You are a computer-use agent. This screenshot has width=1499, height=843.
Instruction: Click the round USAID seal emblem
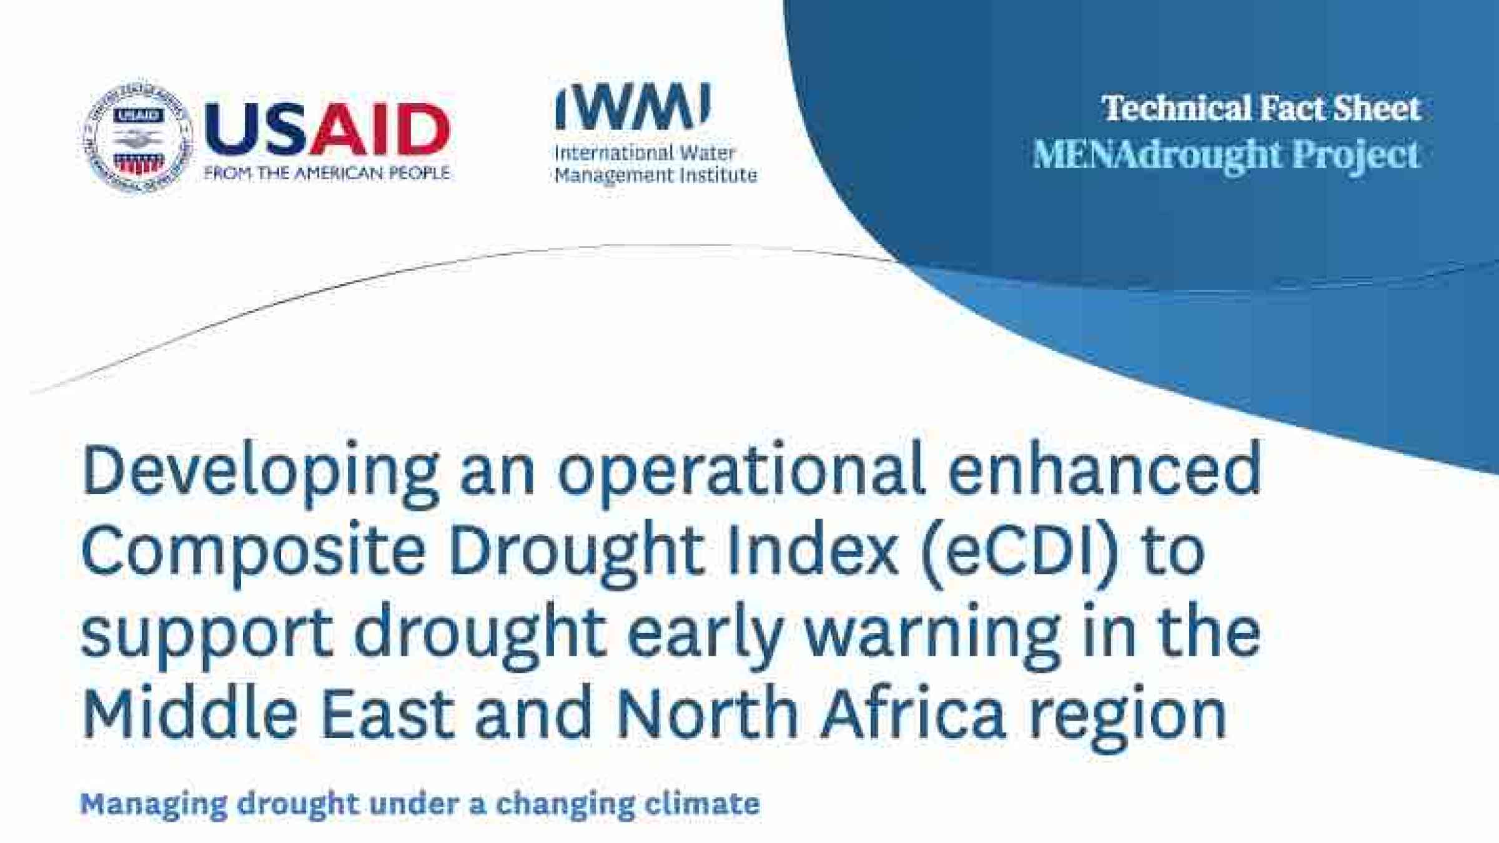click(x=137, y=137)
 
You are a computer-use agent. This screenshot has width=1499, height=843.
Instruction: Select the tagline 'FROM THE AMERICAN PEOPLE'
click(x=327, y=173)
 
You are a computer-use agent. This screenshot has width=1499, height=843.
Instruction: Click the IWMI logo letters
click(x=633, y=106)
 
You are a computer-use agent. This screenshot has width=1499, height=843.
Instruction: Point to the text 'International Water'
click(x=645, y=153)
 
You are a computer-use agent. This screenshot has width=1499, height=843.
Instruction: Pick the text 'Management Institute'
click(x=656, y=175)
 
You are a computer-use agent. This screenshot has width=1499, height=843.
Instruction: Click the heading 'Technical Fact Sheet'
click(x=1261, y=108)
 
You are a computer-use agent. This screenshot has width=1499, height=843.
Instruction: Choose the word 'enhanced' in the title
click(x=1104, y=468)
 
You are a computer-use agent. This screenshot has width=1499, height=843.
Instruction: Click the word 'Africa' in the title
click(x=914, y=711)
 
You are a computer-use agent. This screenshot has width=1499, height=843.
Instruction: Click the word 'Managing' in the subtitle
click(x=154, y=804)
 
